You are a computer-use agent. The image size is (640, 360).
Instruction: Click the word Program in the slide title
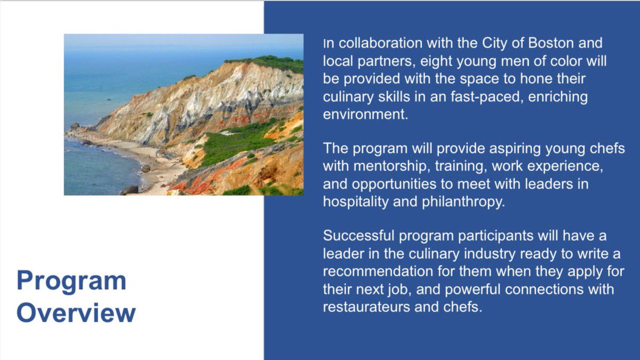coord(71,281)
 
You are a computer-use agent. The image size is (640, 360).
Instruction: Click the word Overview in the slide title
coord(76,313)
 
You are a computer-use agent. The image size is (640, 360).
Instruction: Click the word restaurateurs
coord(371,308)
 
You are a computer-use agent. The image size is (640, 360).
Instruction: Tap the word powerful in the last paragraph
coord(468,290)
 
